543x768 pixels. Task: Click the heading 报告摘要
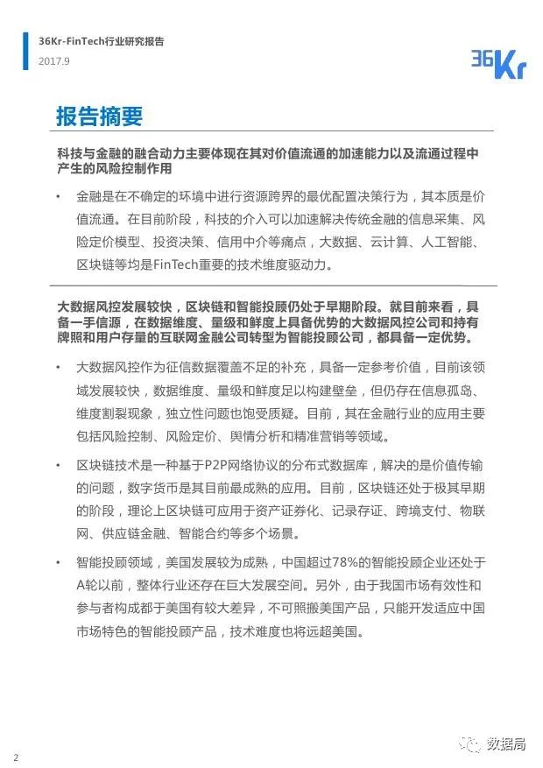98,116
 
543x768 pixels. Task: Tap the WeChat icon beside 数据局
473,744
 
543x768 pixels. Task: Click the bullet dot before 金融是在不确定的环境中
58,197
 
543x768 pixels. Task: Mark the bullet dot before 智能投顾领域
58,562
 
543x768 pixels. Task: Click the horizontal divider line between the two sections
271,285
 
